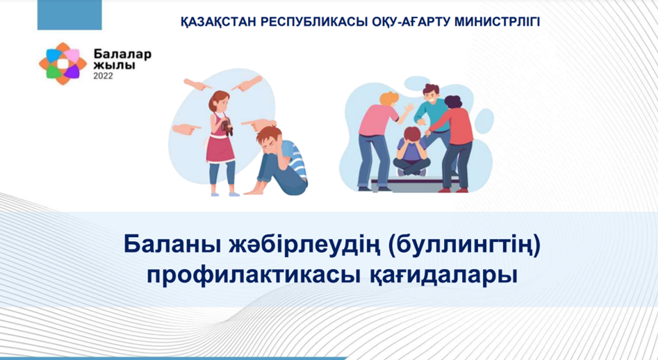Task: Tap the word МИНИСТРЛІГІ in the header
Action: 497,22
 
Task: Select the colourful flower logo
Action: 63,64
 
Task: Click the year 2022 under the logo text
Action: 103,76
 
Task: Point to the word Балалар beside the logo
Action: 122,54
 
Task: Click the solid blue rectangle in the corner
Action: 69,15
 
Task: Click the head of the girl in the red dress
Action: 220,101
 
